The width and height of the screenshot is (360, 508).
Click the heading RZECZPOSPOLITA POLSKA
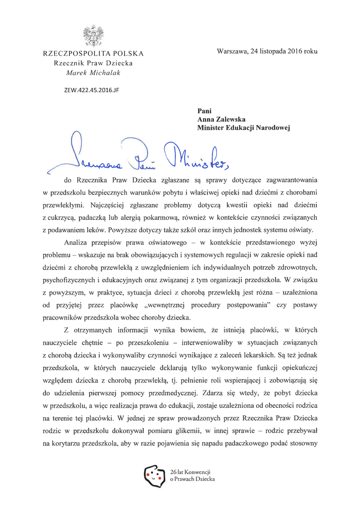[x=93, y=54]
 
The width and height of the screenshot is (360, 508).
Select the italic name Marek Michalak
[x=93, y=72]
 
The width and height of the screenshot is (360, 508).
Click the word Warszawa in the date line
[x=232, y=51]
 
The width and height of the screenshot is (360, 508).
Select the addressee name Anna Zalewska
[x=221, y=120]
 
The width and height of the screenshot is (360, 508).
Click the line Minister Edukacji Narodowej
[x=243, y=128]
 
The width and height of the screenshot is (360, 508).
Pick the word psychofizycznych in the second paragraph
[x=71, y=282]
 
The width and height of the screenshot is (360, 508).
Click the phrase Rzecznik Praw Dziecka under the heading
[x=93, y=63]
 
